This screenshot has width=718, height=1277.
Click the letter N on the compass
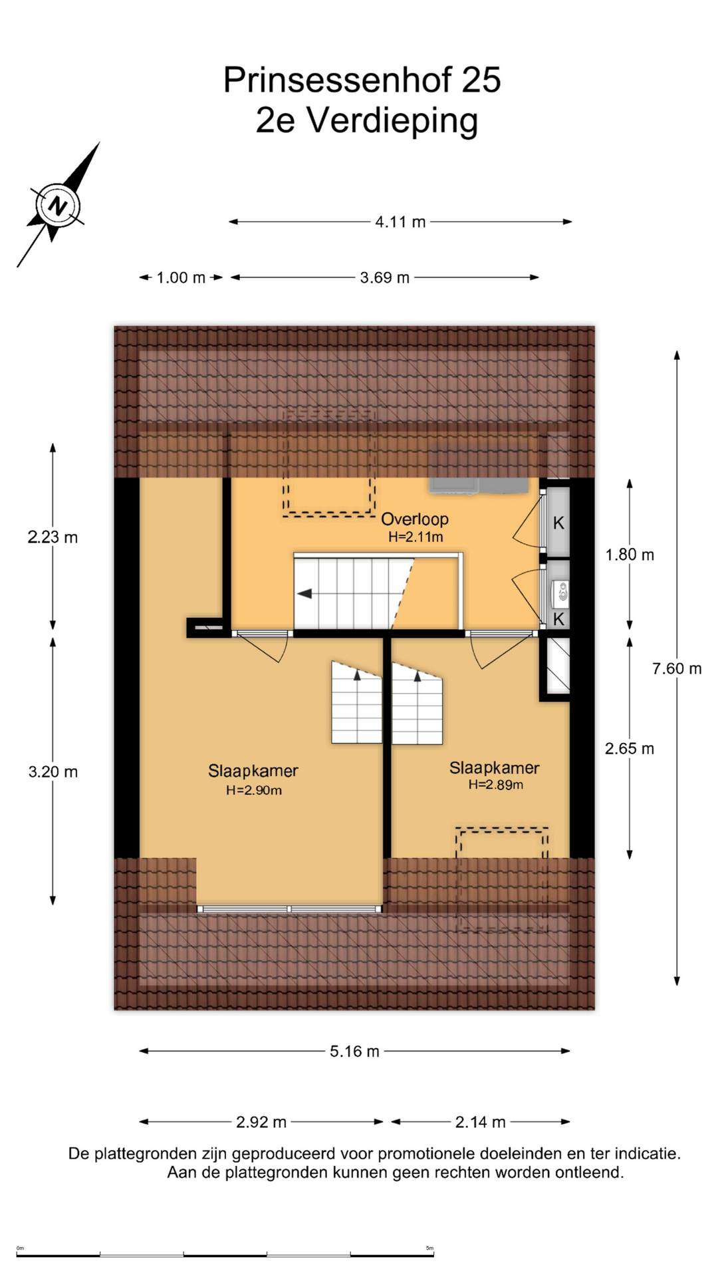point(59,206)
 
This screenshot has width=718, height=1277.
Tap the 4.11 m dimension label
point(400,222)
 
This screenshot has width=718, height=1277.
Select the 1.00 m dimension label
point(181,278)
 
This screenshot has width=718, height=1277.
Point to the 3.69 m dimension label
point(385,278)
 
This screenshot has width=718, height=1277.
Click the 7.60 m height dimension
point(677,668)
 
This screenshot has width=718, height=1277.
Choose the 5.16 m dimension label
point(354,1052)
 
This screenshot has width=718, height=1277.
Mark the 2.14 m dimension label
point(480,1123)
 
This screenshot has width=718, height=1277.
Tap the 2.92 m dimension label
point(261,1123)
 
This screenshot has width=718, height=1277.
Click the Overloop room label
point(415,519)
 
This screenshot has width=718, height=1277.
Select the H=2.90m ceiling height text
point(254,791)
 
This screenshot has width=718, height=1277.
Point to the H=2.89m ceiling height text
point(495,785)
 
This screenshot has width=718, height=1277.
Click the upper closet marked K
point(558,523)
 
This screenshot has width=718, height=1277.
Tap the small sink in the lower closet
point(562,591)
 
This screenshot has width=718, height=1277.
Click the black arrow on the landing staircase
point(304,594)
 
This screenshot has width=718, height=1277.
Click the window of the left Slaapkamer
point(290,909)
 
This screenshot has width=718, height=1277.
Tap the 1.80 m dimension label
point(630,555)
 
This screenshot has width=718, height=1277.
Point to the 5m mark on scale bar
point(429,1248)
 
